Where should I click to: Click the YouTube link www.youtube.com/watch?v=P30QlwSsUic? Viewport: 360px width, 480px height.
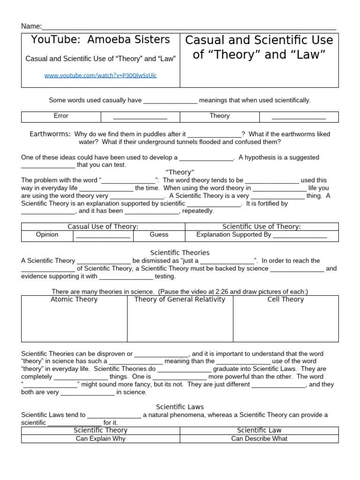click(x=100, y=75)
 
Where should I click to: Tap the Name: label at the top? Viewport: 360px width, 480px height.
click(x=31, y=26)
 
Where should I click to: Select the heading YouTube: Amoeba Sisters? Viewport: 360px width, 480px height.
click(x=100, y=40)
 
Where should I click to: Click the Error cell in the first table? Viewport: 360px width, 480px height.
click(x=61, y=116)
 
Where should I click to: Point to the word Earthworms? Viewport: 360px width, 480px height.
click(x=50, y=134)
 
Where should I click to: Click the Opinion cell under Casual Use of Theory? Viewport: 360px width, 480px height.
click(x=47, y=234)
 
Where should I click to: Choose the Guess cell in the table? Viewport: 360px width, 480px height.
click(x=159, y=234)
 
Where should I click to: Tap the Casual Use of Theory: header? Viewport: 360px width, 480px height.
click(x=103, y=226)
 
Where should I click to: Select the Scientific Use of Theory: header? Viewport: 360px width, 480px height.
click(x=262, y=226)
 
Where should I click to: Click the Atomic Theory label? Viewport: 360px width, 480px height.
click(x=74, y=300)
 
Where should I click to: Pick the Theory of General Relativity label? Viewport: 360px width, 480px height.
click(x=180, y=300)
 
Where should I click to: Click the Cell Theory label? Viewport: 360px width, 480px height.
click(x=285, y=300)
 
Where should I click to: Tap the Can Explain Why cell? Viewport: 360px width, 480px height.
click(x=100, y=439)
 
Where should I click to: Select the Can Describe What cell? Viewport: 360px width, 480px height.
click(x=259, y=439)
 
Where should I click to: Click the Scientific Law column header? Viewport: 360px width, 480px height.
click(x=259, y=430)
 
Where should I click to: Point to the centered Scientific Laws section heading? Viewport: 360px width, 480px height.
click(x=180, y=407)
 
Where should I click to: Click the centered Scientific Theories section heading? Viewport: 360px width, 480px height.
click(x=180, y=253)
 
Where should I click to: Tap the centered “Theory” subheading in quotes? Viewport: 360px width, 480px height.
click(x=180, y=172)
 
